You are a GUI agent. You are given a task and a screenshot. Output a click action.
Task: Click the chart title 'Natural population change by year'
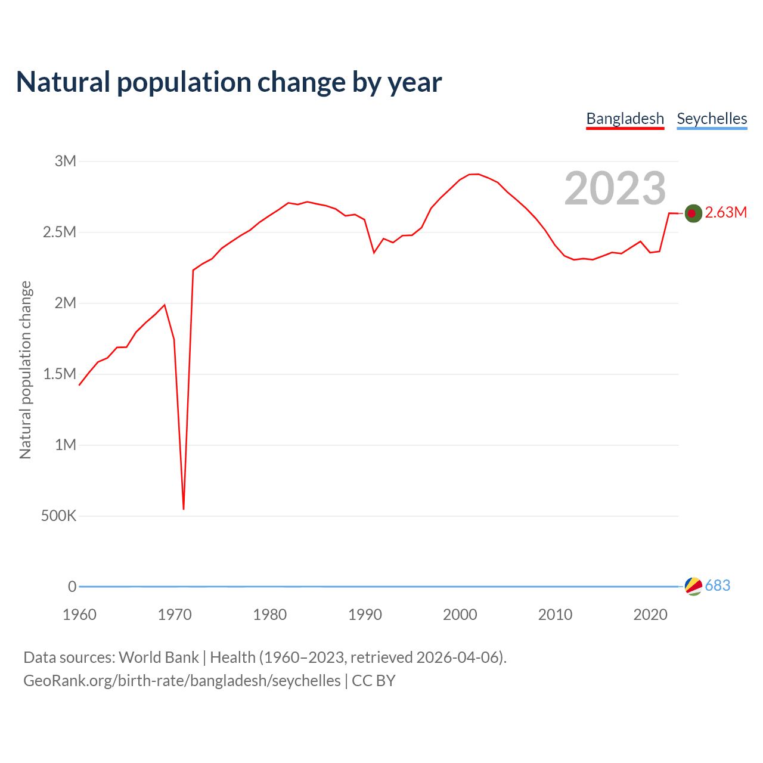[229, 82]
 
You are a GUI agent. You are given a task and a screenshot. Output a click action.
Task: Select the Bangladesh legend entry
[625, 119]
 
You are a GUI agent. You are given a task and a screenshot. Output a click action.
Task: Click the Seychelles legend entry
[712, 119]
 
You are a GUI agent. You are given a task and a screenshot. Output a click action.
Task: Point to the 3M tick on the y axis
[66, 161]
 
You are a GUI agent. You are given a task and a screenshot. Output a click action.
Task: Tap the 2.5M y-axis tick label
[60, 232]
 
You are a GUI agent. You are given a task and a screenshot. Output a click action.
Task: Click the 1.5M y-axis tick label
[60, 374]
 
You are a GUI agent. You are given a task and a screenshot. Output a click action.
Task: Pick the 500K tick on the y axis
[58, 516]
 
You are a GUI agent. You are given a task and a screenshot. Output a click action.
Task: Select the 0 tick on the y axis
[72, 587]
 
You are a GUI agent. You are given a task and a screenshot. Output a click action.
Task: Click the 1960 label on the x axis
[79, 615]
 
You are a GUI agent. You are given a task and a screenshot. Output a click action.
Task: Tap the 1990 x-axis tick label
[365, 615]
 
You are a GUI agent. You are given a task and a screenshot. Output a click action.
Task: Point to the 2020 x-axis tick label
[650, 615]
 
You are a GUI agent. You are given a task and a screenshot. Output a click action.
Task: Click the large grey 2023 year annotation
[615, 188]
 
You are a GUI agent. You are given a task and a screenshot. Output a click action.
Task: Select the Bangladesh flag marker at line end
[693, 213]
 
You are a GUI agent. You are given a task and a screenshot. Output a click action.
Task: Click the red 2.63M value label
[725, 213]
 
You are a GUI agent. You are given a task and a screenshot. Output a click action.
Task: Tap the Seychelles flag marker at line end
[693, 586]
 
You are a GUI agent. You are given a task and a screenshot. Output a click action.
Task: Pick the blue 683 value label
[717, 586]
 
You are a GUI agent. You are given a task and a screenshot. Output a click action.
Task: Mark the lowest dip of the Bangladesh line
[184, 508]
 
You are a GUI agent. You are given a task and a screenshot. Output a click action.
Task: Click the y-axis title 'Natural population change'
[26, 370]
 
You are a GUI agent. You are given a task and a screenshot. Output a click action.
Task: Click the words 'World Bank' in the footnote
[159, 657]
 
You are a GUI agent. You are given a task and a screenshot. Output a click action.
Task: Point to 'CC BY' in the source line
[373, 681]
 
